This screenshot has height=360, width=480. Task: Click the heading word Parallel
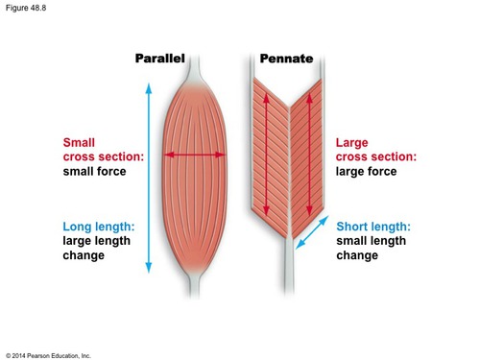coord(159,60)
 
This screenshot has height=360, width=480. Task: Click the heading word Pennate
coord(287,60)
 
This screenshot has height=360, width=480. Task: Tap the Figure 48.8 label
coord(26,9)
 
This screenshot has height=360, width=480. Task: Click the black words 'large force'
coord(366,172)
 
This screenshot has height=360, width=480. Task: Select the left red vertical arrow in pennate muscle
coord(268,154)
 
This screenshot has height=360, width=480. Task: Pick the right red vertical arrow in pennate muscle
coord(310,154)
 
